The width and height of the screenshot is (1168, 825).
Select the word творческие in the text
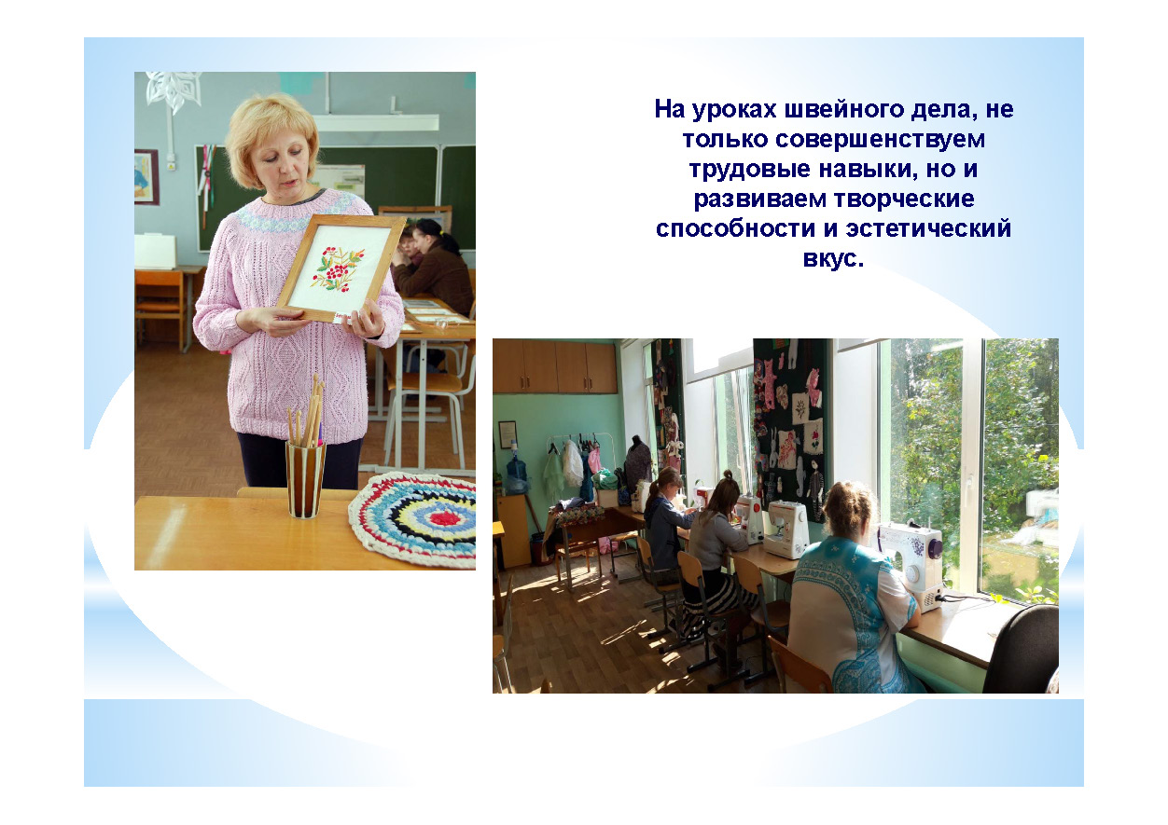tap(904, 199)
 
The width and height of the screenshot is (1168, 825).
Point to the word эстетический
tap(928, 228)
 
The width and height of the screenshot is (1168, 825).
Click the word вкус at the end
tap(829, 258)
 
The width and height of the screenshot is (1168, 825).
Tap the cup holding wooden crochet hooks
tap(306, 479)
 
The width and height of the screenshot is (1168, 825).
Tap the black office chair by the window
tap(1022, 651)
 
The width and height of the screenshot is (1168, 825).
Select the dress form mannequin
tap(638, 461)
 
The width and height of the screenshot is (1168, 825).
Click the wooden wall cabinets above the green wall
tap(555, 366)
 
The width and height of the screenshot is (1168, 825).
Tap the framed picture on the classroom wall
tap(146, 177)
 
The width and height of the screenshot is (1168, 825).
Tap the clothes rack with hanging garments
tap(574, 464)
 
